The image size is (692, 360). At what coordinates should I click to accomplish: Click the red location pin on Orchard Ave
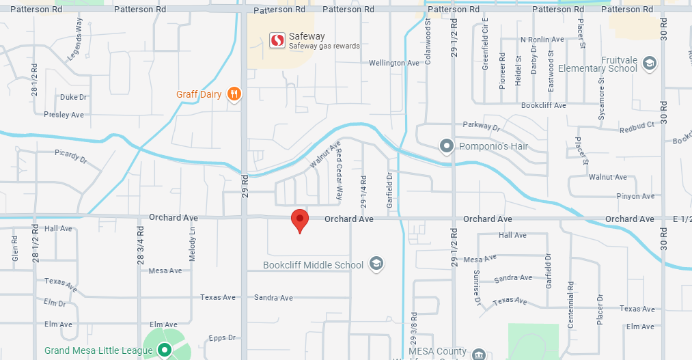point(299,220)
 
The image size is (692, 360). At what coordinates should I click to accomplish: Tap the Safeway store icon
point(277,40)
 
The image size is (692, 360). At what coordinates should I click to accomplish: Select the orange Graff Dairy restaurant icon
point(234,94)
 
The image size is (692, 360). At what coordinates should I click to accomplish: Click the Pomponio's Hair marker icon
point(447,146)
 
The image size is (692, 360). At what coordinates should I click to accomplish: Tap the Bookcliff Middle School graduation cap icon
point(376,264)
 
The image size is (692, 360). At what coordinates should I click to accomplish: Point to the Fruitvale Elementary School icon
point(649,64)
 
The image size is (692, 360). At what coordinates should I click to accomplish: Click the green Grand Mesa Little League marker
point(164,350)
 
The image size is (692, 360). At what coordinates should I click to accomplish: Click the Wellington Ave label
point(393,63)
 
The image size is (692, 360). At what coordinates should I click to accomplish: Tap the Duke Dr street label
point(74,97)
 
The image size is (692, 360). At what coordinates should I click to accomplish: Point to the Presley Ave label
point(64,115)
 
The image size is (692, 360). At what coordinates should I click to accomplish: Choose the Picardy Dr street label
point(71,156)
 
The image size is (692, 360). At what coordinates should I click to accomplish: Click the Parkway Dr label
point(482,126)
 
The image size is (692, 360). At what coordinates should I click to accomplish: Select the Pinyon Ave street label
point(635,196)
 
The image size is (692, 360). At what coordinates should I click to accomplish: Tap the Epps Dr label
point(222,337)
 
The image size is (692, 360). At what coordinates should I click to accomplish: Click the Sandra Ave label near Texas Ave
point(273,298)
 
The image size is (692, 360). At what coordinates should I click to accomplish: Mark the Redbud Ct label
point(637,128)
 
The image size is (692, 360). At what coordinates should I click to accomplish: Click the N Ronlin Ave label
point(542,40)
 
